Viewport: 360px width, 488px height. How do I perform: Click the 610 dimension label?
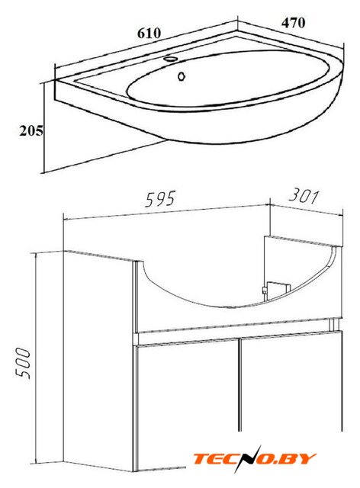[x=149, y=34]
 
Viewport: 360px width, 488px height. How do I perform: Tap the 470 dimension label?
[x=294, y=23]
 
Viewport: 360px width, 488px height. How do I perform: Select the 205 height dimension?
[x=31, y=130]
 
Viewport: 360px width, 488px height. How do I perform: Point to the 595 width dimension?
[x=160, y=199]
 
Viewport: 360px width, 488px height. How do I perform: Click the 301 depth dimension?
[x=304, y=197]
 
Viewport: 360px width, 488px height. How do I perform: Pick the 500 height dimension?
[x=24, y=363]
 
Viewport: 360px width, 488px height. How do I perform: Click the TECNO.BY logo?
[x=255, y=459]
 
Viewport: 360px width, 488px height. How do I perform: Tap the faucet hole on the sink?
[x=170, y=59]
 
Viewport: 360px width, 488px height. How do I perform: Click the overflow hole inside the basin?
[x=182, y=76]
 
